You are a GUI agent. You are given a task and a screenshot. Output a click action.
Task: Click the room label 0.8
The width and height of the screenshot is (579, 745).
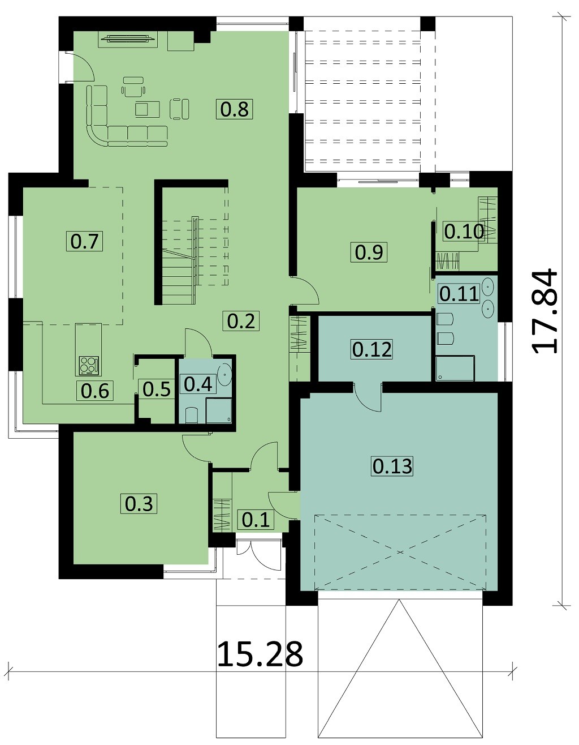[235, 109]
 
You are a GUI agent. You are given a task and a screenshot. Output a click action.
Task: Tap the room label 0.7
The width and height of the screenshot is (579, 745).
[85, 241]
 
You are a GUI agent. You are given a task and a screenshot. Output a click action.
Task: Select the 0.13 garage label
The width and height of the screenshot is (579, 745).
[392, 466]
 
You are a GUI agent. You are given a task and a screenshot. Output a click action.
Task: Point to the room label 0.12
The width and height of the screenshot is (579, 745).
[372, 350]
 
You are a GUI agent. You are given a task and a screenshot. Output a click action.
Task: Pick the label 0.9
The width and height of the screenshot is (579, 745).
[369, 252]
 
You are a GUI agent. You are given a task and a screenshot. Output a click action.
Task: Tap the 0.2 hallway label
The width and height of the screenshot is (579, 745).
[241, 321]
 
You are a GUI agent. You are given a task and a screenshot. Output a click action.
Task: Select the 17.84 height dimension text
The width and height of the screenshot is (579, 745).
[544, 311]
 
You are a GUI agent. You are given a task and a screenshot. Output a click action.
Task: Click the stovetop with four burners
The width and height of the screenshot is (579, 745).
[89, 366]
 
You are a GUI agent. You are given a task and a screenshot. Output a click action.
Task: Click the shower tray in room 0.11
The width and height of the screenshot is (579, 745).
[455, 368]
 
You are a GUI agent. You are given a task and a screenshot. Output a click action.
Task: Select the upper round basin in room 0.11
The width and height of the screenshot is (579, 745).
[487, 285]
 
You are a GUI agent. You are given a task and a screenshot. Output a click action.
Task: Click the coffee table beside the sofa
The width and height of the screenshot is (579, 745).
[147, 109]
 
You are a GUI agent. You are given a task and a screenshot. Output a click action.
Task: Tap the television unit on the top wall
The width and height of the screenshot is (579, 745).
[128, 39]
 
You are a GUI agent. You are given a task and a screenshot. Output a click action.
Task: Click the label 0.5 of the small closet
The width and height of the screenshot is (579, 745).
[157, 389]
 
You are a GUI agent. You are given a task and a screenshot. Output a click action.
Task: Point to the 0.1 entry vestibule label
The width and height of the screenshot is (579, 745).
[256, 520]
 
